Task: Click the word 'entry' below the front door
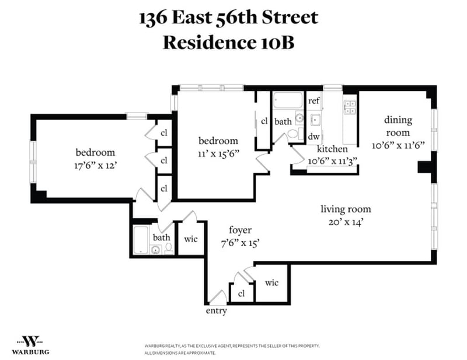pyautogui.click(x=216, y=311)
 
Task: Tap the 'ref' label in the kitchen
pyautogui.click(x=314, y=100)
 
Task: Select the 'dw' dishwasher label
pyautogui.click(x=314, y=137)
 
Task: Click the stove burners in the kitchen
pyautogui.click(x=350, y=107)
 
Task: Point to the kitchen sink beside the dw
pyautogui.click(x=315, y=120)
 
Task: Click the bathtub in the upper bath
pyautogui.click(x=288, y=100)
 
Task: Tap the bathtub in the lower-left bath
pyautogui.click(x=141, y=240)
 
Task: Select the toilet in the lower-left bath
pyautogui.click(x=169, y=249)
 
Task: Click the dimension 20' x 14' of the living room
pyautogui.click(x=346, y=222)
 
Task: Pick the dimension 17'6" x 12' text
pyautogui.click(x=95, y=165)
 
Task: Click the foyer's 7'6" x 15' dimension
pyautogui.click(x=240, y=243)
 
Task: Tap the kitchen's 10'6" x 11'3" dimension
pyautogui.click(x=332, y=161)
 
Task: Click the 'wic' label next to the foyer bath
pyautogui.click(x=191, y=239)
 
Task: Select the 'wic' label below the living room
pyautogui.click(x=271, y=282)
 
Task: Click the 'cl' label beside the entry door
pyautogui.click(x=241, y=293)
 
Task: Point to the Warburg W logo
pyautogui.click(x=31, y=341)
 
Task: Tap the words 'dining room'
pyautogui.click(x=398, y=126)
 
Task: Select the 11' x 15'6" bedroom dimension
pyautogui.click(x=218, y=153)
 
